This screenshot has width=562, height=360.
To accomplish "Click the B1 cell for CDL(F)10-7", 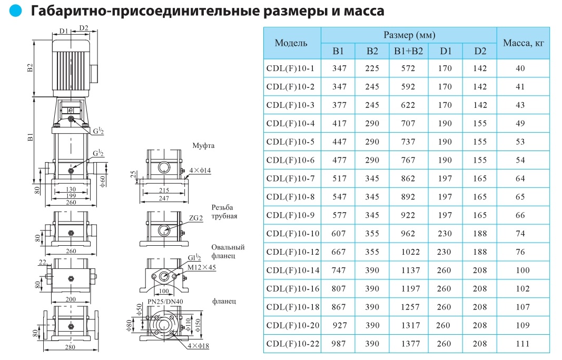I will pyautogui.click(x=339, y=178).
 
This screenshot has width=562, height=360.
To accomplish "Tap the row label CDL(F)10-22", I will pyautogui.click(x=293, y=344).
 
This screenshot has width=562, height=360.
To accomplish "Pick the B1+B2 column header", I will pyautogui.click(x=408, y=51).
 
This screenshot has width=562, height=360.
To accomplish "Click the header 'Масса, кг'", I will pyautogui.click(x=523, y=43).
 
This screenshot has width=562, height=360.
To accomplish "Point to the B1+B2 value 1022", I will pyautogui.click(x=409, y=252).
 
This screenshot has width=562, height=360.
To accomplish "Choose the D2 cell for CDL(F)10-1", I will pyautogui.click(x=480, y=68).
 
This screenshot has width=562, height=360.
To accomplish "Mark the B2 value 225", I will pyautogui.click(x=372, y=68).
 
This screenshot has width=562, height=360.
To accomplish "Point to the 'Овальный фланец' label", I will pyautogui.click(x=228, y=252).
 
